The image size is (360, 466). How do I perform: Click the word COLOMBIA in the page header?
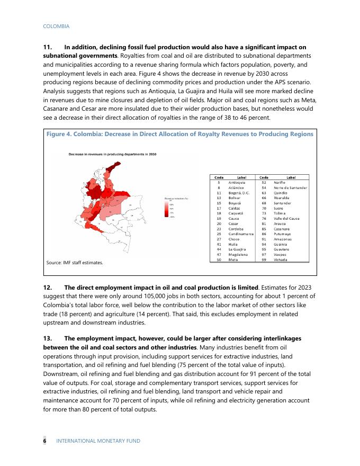click(x=56, y=26)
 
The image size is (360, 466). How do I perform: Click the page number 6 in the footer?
click(x=45, y=441)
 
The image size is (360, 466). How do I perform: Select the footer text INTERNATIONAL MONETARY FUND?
click(x=98, y=441)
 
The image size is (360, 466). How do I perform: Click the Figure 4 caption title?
click(x=180, y=135)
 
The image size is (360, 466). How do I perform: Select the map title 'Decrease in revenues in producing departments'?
click(x=112, y=154)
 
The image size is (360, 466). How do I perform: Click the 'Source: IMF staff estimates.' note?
click(x=74, y=262)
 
